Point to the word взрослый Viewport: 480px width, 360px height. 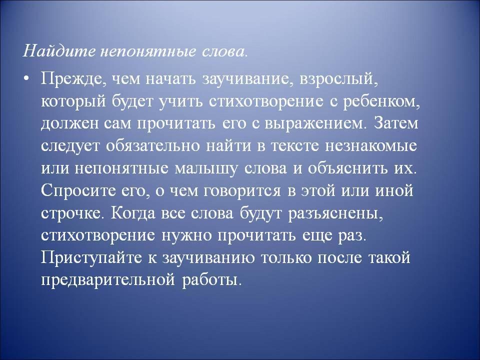tap(339, 80)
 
